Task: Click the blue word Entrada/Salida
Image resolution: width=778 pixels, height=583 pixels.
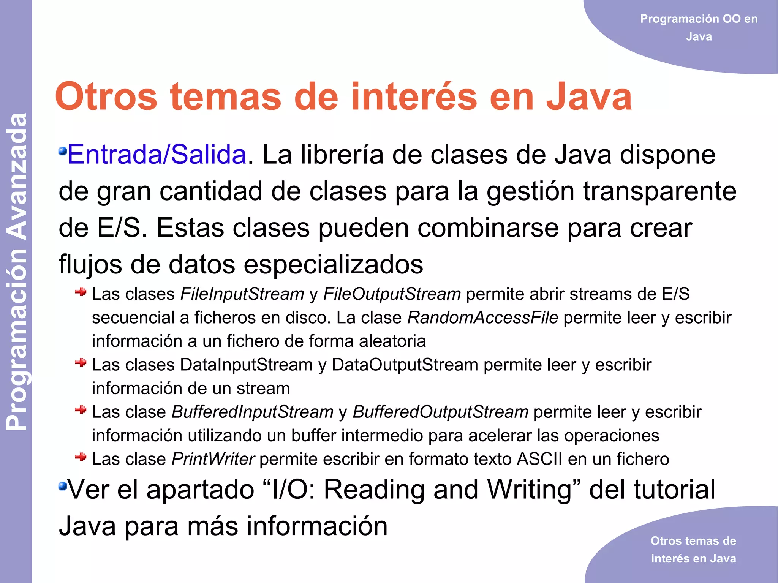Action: pyautogui.click(x=157, y=155)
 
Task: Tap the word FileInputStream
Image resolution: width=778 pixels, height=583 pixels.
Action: pyautogui.click(x=242, y=294)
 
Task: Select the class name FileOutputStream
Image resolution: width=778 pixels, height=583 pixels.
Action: pyautogui.click(x=392, y=294)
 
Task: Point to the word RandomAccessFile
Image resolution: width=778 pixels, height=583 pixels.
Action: pyautogui.click(x=483, y=318)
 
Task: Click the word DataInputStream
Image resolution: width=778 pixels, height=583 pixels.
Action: pyautogui.click(x=246, y=365)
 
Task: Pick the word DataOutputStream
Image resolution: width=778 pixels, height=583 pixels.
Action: pyautogui.click(x=405, y=365)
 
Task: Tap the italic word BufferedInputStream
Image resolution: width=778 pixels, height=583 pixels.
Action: pyautogui.click(x=253, y=412)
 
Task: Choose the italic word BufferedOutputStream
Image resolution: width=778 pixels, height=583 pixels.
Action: pyautogui.click(x=441, y=412)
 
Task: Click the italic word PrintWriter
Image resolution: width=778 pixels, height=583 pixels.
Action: pyautogui.click(x=213, y=459)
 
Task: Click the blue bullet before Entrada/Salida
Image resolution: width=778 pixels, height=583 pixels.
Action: pyautogui.click(x=62, y=151)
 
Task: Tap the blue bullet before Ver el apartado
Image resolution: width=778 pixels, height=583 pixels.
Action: pyautogui.click(x=62, y=486)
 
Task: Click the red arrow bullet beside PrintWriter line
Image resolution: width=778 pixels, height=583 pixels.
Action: pyautogui.click(x=81, y=457)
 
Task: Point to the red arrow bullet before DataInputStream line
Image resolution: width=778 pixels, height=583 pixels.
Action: pyautogui.click(x=81, y=363)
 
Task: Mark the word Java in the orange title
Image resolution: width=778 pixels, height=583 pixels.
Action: pyautogui.click(x=589, y=97)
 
